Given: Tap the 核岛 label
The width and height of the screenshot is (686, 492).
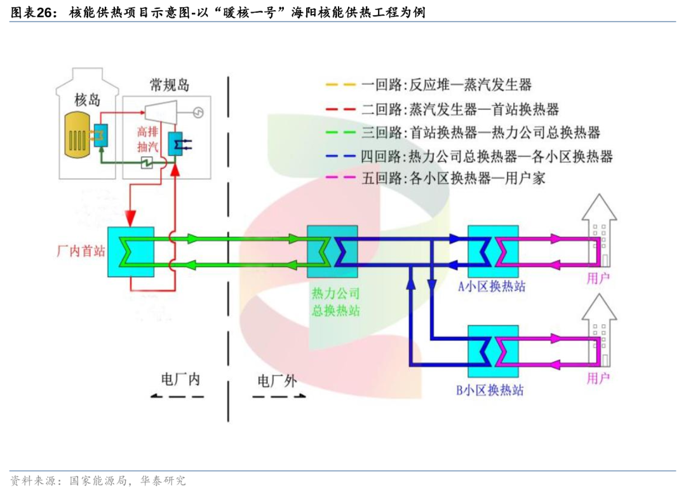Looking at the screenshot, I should (88, 99).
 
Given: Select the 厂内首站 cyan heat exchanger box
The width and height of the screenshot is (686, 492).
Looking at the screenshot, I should (130, 251).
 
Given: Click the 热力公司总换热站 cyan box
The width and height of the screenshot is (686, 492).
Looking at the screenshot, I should (332, 251).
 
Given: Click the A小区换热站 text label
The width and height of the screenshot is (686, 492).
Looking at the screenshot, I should (492, 287).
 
